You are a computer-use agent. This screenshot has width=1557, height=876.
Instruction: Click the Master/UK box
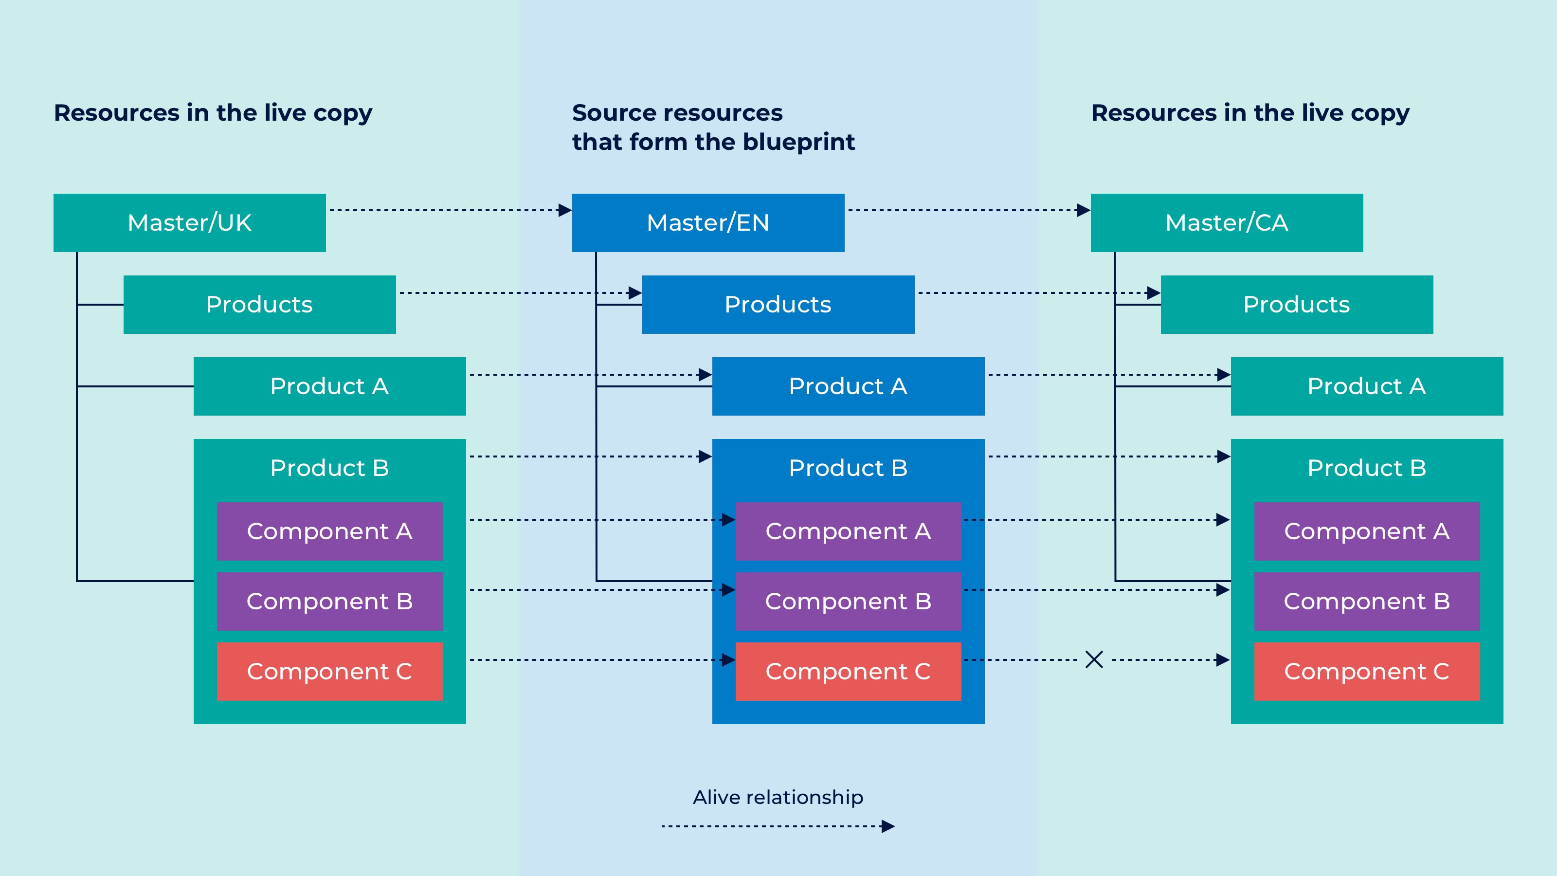coord(189,222)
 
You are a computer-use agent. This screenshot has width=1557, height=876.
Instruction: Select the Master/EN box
coord(708,222)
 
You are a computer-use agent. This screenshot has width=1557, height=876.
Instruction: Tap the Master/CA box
coord(1226,222)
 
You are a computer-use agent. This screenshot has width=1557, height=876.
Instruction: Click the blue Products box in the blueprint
coord(778,305)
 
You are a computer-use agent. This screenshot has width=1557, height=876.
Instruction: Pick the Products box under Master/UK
coord(259,305)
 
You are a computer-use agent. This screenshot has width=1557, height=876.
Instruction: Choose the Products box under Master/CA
coord(1297,305)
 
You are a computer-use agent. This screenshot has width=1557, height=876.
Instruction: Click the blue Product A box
coord(848,386)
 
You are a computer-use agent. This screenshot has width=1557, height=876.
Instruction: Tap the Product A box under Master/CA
coord(1367,386)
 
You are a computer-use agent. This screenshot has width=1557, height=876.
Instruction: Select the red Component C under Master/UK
coord(329,672)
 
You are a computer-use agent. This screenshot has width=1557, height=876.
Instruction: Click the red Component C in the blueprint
coord(848,672)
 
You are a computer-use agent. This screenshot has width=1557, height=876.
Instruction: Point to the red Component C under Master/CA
coord(1367,672)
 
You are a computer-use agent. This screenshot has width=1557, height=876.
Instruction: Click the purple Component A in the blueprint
coord(848,531)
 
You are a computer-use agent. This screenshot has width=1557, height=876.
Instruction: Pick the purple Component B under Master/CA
coord(1367,602)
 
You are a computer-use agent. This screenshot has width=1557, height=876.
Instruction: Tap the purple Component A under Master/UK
coord(329,531)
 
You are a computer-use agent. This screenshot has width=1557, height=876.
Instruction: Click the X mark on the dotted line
coord(1094,659)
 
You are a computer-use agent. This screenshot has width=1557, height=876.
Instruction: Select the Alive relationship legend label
coord(778,798)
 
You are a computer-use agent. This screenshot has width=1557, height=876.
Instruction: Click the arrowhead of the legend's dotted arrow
coord(888,826)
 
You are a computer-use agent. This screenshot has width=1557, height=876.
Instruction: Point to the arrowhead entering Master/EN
coord(564,210)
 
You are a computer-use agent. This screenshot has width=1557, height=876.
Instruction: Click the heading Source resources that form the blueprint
coord(713,127)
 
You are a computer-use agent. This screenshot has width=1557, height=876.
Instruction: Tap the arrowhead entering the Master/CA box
coord(1083,210)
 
